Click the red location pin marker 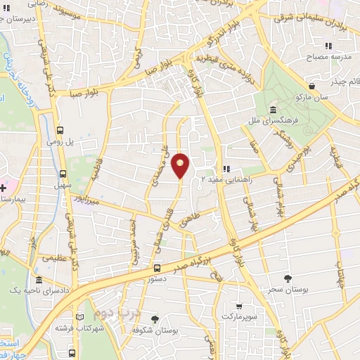181,165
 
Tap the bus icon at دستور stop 157,268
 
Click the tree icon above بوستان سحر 287,278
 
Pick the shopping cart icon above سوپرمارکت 240,307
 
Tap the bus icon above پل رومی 60,130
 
